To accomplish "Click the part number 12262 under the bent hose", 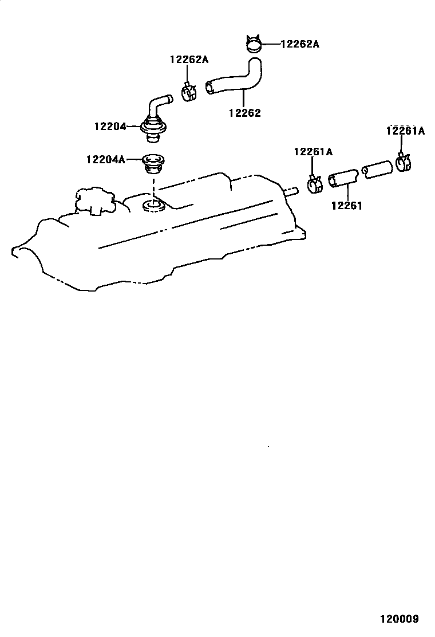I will pos(244,113).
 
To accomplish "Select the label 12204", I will pos(110,126).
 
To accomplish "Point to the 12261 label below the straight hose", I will pos(346,205).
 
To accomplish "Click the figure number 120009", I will pos(398,619).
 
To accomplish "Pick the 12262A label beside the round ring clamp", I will pos(299,44).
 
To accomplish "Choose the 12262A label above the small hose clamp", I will pos(189,59).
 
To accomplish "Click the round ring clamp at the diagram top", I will pos(252,44).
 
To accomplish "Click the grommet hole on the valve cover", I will pos(152,205).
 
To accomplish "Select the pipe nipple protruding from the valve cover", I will pos(291,191).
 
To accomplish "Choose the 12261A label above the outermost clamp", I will pos(405,131).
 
